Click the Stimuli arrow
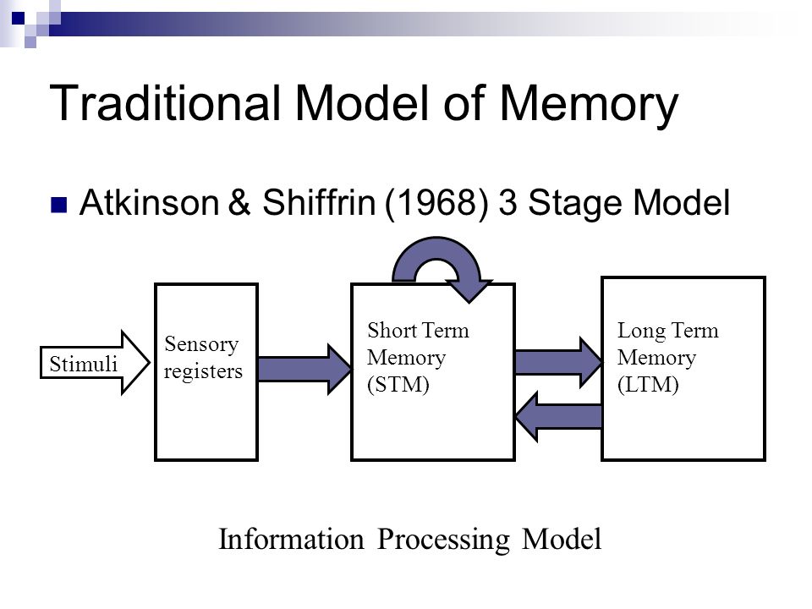coord(96,363)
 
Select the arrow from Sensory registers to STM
coord(304,370)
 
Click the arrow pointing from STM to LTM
coord(558,362)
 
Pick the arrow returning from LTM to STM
coord(558,416)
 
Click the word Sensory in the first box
coord(201,345)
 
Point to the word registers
coord(203,372)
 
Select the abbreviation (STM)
coord(398,385)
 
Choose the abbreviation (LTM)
coord(648,385)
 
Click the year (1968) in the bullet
coord(436,202)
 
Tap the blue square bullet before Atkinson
coord(59,205)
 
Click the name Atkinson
coord(149,202)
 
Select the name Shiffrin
coord(319,202)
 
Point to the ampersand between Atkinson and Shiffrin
coord(239,202)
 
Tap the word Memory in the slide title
coord(589,106)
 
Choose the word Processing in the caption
coord(443,540)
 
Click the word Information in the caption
coord(291,539)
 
